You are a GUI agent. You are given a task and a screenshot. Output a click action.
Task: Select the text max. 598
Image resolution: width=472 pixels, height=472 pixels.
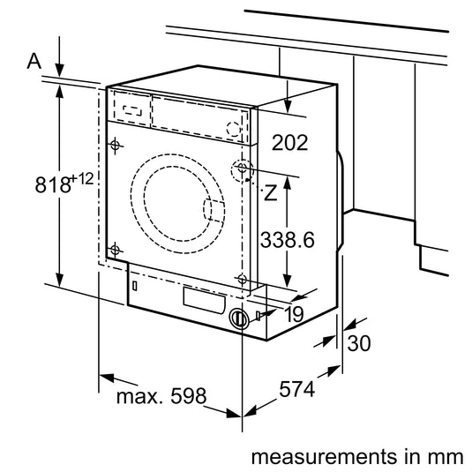click(160, 395)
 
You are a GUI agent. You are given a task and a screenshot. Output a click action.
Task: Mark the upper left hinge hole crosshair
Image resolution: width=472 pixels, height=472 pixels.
click(116, 145)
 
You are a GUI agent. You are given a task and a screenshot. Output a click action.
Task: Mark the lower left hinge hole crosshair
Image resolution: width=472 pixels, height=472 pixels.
click(116, 249)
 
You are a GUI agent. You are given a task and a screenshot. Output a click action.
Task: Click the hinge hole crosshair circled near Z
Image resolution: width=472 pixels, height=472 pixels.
click(242, 169)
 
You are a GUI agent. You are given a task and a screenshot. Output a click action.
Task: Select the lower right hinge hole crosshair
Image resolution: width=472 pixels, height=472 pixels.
click(242, 279)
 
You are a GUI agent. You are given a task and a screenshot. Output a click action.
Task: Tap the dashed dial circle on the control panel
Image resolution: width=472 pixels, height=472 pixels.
click(234, 129)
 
